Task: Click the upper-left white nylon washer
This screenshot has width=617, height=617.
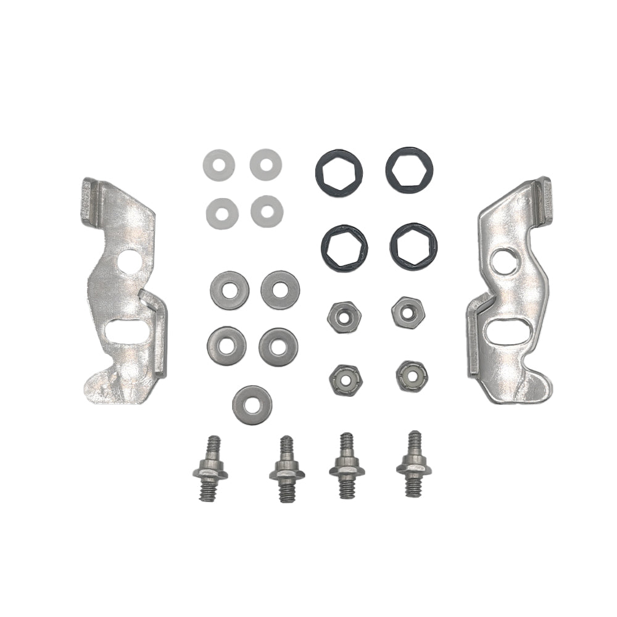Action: [x=218, y=164]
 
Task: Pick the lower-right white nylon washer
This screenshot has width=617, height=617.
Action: [x=267, y=210]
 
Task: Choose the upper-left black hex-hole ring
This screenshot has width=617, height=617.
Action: [x=339, y=170]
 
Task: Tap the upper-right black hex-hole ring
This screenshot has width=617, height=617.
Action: [x=409, y=170]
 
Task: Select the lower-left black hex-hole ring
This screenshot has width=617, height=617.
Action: [x=344, y=247]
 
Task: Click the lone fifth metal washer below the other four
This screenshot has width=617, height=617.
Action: [x=251, y=404]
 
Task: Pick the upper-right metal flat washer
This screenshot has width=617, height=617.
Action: [x=280, y=289]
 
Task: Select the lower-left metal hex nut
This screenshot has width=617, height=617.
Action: [x=344, y=378]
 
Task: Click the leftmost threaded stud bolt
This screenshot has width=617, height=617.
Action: [x=210, y=469]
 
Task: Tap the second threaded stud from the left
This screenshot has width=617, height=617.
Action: [x=285, y=470]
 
